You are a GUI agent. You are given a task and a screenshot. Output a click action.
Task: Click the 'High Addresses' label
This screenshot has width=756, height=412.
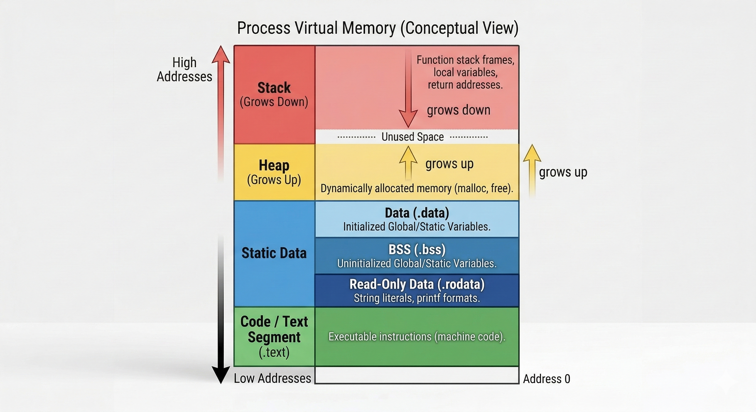click(184, 70)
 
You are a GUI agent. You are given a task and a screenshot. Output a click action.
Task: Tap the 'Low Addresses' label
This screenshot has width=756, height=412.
click(272, 378)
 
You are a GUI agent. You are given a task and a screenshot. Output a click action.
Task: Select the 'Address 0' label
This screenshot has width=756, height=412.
click(546, 379)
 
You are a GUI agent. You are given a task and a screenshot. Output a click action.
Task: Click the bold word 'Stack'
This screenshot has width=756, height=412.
click(274, 88)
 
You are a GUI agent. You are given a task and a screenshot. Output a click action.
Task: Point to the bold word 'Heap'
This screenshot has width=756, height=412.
click(274, 165)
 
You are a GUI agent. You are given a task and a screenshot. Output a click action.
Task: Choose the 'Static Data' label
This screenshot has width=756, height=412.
click(274, 253)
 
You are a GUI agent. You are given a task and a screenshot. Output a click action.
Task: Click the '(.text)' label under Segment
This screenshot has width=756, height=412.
click(274, 352)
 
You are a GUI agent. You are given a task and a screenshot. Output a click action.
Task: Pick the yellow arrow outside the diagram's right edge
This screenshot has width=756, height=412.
click(532, 170)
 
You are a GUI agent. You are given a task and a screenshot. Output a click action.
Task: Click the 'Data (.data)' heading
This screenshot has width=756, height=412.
click(417, 213)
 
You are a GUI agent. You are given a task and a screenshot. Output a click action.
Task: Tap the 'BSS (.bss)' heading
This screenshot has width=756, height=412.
click(417, 249)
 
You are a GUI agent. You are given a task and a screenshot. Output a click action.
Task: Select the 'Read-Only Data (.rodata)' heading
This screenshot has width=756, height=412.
click(417, 284)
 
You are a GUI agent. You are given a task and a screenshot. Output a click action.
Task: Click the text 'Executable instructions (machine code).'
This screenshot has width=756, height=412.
click(417, 337)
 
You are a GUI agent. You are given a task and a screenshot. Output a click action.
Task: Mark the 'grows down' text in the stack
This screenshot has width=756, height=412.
click(459, 110)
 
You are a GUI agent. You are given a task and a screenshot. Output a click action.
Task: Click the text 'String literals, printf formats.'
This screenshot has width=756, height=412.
click(417, 298)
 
